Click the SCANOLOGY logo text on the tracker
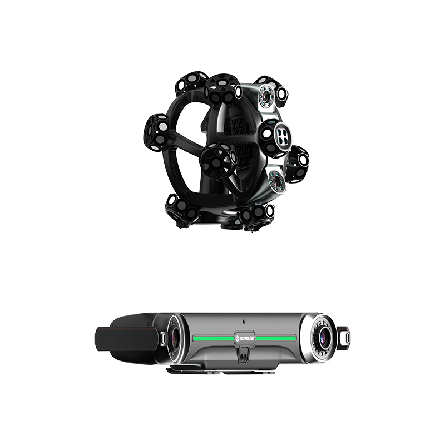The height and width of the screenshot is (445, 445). [245, 338]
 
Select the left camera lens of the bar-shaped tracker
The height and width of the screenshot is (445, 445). [174, 338]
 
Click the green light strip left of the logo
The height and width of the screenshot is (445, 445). [214, 338]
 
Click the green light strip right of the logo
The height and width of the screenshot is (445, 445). [276, 338]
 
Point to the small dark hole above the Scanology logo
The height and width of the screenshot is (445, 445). [244, 322]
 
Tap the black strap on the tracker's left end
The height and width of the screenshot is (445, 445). [126, 339]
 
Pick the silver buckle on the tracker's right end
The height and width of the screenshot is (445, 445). [347, 338]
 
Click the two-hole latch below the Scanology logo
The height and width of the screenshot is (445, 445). [243, 355]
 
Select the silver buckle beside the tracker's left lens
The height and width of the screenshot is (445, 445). [163, 338]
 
